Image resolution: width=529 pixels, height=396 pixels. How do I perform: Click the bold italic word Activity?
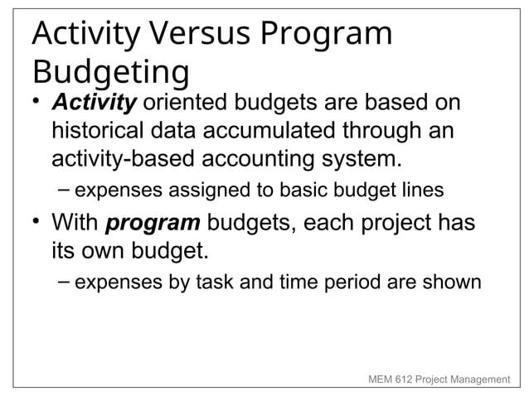point(94,105)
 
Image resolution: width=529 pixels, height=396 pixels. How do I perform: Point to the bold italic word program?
point(153,224)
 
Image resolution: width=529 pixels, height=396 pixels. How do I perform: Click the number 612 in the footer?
point(409,379)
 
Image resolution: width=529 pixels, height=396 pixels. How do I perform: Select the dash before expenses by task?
point(64,283)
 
